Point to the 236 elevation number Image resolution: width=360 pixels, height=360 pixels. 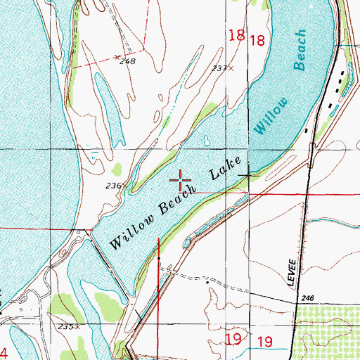(116, 186)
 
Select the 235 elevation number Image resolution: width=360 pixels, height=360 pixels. (67, 327)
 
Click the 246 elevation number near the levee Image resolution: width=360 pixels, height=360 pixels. (306, 300)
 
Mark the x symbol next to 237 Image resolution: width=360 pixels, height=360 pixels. (231, 69)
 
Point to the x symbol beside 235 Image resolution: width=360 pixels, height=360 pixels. (79, 327)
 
